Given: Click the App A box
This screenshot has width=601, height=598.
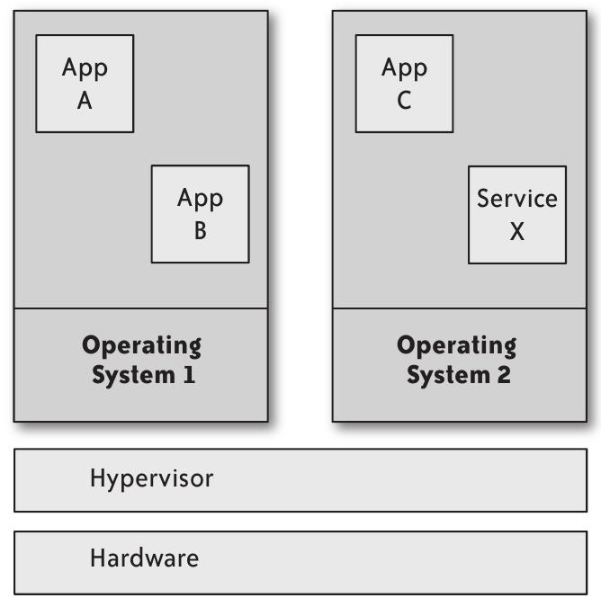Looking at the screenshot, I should click(85, 84).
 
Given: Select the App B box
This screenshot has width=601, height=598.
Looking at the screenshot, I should click(200, 214).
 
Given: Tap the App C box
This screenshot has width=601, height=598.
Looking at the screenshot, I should click(404, 84).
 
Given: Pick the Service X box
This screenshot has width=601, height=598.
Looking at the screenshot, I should click(517, 214).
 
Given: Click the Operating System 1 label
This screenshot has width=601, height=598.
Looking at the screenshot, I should click(141, 360).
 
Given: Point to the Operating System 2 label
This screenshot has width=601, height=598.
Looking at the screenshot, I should click(458, 360).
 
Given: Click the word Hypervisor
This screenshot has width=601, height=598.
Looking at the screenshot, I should click(151, 478).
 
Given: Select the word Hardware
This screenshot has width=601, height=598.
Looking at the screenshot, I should click(144, 558).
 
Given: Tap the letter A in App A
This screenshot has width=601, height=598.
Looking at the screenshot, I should click(85, 101).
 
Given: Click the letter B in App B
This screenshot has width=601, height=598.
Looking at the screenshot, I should click(200, 231).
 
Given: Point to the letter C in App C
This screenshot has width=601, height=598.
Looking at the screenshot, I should click(404, 101).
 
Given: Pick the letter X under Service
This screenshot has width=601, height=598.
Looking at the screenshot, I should click(517, 231).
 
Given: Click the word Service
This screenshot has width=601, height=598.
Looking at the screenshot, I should click(517, 198).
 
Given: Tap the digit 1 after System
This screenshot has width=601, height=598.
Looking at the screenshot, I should click(188, 374).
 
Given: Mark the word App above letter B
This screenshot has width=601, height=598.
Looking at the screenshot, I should click(200, 198).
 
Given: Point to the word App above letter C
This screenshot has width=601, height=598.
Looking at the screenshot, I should click(404, 67).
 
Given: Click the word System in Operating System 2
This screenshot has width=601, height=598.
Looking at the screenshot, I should click(446, 374).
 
